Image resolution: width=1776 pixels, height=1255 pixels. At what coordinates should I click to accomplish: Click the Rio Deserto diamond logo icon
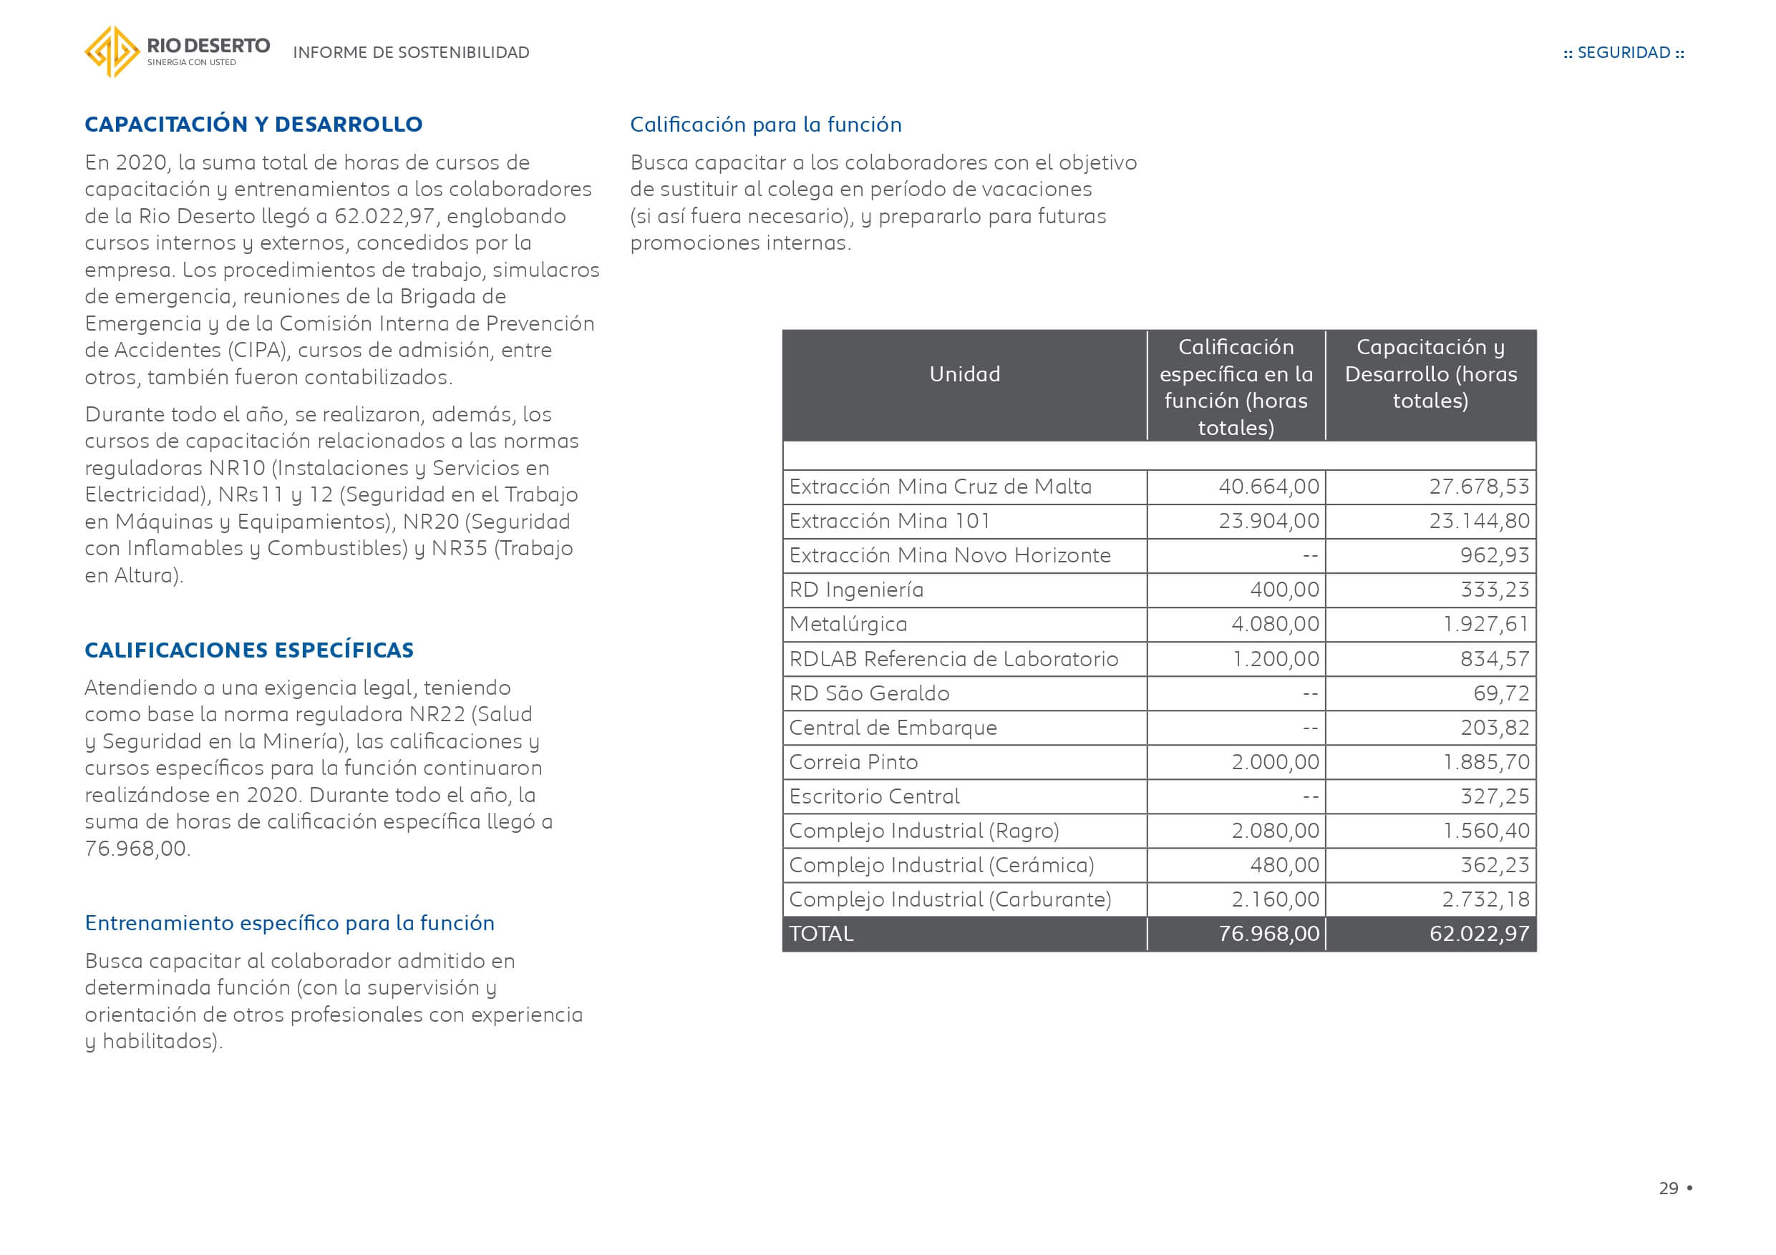pyautogui.click(x=112, y=52)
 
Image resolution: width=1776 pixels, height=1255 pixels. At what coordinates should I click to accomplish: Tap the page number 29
pyautogui.click(x=1668, y=1188)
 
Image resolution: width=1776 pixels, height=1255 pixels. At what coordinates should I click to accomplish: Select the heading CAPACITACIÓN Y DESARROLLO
pyautogui.click(x=253, y=124)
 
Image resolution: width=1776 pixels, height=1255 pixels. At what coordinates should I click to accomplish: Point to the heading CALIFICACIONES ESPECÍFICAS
pyautogui.click(x=249, y=650)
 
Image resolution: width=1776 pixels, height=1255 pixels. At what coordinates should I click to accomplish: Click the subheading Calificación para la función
pyautogui.click(x=766, y=124)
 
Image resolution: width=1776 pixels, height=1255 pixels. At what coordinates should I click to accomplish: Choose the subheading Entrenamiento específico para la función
pyautogui.click(x=289, y=922)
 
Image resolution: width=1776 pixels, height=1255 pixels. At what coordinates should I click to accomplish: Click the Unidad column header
pyautogui.click(x=964, y=374)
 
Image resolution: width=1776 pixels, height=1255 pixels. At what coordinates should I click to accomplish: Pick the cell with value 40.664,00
pyautogui.click(x=1268, y=487)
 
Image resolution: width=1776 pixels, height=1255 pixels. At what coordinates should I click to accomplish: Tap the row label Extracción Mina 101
pyautogui.click(x=890, y=521)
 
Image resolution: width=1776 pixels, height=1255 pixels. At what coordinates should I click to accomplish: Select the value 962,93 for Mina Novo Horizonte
pyautogui.click(x=1495, y=555)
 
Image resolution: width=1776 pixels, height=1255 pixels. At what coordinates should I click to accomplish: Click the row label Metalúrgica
pyautogui.click(x=848, y=624)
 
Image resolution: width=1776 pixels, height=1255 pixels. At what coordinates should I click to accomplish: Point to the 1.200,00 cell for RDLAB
pyautogui.click(x=1276, y=659)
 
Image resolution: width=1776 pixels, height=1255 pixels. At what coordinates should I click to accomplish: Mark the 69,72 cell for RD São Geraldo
pyautogui.click(x=1500, y=693)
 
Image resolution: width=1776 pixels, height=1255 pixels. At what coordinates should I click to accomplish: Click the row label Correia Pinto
pyautogui.click(x=853, y=762)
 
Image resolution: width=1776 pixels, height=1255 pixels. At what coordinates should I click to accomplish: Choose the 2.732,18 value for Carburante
pyautogui.click(x=1485, y=899)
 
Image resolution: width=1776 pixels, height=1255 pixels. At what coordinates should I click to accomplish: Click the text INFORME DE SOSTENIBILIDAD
pyautogui.click(x=411, y=52)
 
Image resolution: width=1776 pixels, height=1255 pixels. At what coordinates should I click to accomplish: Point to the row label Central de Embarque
pyautogui.click(x=893, y=728)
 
